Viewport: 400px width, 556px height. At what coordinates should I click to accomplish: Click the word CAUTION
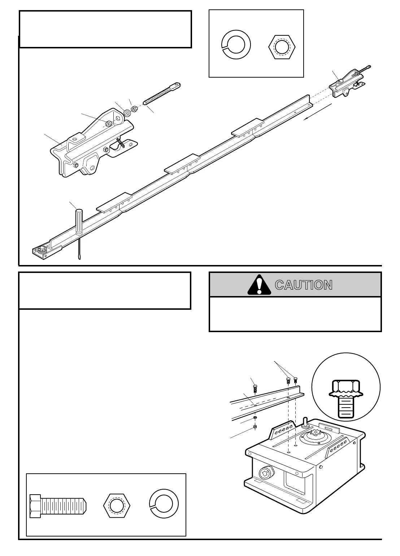303,285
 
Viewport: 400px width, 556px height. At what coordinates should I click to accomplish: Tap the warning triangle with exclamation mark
259,285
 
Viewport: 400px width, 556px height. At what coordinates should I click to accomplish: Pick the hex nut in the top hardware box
282,47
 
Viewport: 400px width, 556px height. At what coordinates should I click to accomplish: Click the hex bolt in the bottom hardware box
58,505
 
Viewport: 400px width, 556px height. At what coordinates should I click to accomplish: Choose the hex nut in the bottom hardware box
117,504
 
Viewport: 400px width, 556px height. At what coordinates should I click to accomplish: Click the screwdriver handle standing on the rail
79,222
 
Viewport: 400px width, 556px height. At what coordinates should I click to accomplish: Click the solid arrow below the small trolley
317,112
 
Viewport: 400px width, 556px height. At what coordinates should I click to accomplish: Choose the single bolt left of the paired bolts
255,389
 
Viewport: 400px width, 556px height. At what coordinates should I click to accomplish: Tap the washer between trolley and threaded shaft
127,113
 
